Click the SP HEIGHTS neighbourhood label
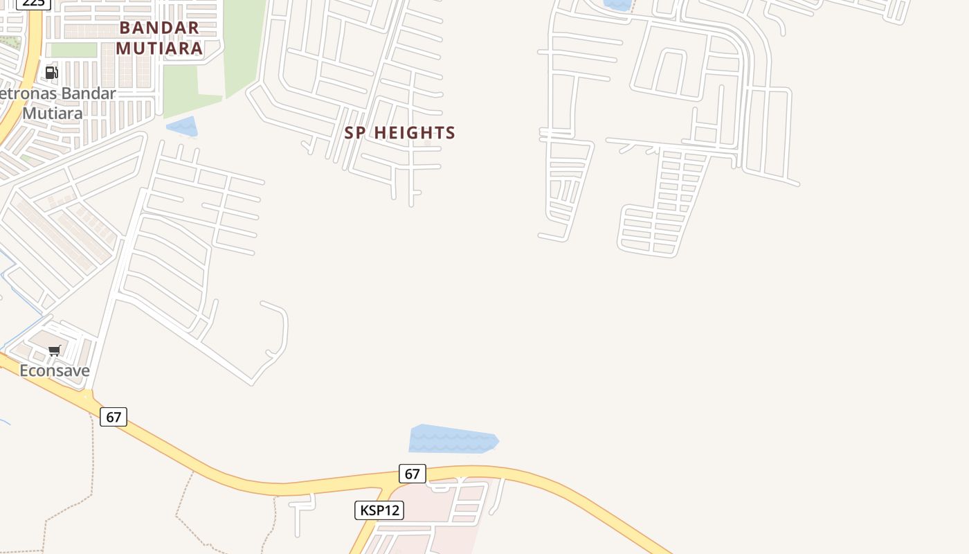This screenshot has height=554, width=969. pos(400,132)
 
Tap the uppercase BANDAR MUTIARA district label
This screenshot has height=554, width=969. pos(159,38)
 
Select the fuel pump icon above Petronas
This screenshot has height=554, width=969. pos(51,72)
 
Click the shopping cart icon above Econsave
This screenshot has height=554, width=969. pos(55,350)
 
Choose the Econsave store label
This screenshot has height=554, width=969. pos(55,370)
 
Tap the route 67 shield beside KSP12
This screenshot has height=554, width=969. pos(412,474)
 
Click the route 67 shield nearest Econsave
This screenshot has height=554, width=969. pos(114,417)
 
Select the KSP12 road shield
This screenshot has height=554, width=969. pos(379,510)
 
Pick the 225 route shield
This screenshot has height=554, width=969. pos(33,3)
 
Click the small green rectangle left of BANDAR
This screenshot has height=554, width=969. pos(73,50)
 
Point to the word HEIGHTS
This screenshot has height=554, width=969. pos(415,132)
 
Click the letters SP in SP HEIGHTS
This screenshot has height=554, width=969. pos(354,132)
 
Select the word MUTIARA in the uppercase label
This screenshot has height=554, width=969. pos(159,48)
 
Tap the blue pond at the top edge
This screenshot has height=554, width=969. pos(617,4)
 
